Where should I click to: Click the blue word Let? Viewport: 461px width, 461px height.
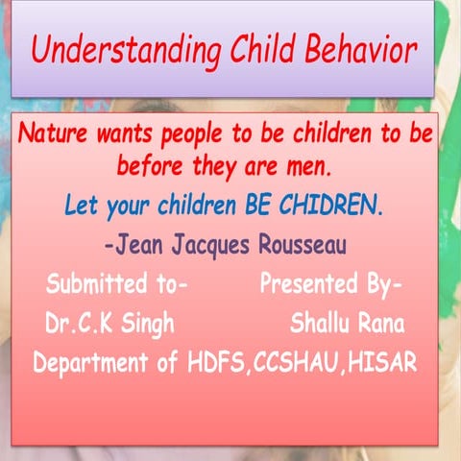[x=80, y=205]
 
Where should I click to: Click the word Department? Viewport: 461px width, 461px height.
[x=92, y=364]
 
